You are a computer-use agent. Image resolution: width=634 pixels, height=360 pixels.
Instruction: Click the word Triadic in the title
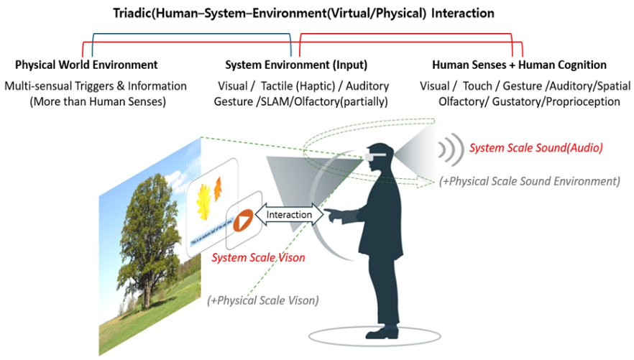(x=134, y=14)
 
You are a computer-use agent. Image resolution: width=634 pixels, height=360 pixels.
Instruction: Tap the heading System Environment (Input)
(x=296, y=65)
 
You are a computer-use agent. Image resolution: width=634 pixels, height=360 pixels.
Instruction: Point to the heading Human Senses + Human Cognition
(x=519, y=65)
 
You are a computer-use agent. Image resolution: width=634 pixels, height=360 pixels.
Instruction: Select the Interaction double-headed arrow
(x=290, y=214)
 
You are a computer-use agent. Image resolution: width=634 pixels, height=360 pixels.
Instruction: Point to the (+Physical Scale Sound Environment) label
(x=529, y=181)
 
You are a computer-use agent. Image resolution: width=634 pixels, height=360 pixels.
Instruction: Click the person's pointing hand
(x=331, y=213)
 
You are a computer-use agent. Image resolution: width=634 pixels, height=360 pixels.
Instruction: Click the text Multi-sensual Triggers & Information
(x=96, y=86)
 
